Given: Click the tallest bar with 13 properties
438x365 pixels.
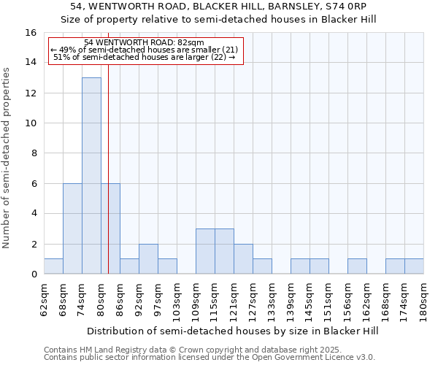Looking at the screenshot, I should tap(91, 176).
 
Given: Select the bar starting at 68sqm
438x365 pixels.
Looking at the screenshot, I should tap(72, 228).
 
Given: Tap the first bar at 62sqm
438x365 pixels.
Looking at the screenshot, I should tap(53, 266).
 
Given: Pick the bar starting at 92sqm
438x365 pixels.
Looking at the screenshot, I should tap(148, 259).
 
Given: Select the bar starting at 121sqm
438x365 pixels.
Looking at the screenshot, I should tap(243, 259).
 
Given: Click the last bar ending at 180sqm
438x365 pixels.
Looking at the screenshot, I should tap(414, 266).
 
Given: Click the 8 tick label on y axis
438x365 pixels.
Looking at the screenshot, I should tap(34, 153).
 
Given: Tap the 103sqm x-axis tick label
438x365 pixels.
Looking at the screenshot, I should tap(177, 299).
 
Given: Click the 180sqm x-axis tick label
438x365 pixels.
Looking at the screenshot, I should tap(424, 299).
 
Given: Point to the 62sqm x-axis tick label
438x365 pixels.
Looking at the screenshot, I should tap(45, 299).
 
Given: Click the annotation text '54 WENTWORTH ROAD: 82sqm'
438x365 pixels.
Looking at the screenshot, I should tap(144, 43).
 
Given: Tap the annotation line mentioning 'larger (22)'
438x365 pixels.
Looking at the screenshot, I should tap(144, 58).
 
